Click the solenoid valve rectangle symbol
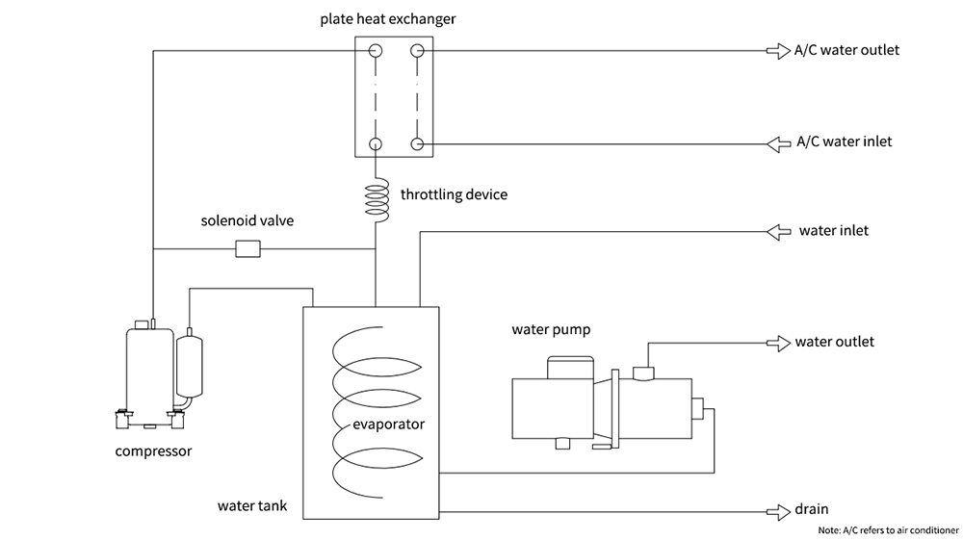(248, 249)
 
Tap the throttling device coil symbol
(375, 200)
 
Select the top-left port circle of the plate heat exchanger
(376, 51)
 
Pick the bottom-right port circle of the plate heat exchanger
(417, 144)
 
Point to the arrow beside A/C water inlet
(777, 143)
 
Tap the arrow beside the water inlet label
(777, 231)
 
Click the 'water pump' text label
(550, 330)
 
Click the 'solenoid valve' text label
(247, 221)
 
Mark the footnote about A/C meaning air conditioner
(888, 530)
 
